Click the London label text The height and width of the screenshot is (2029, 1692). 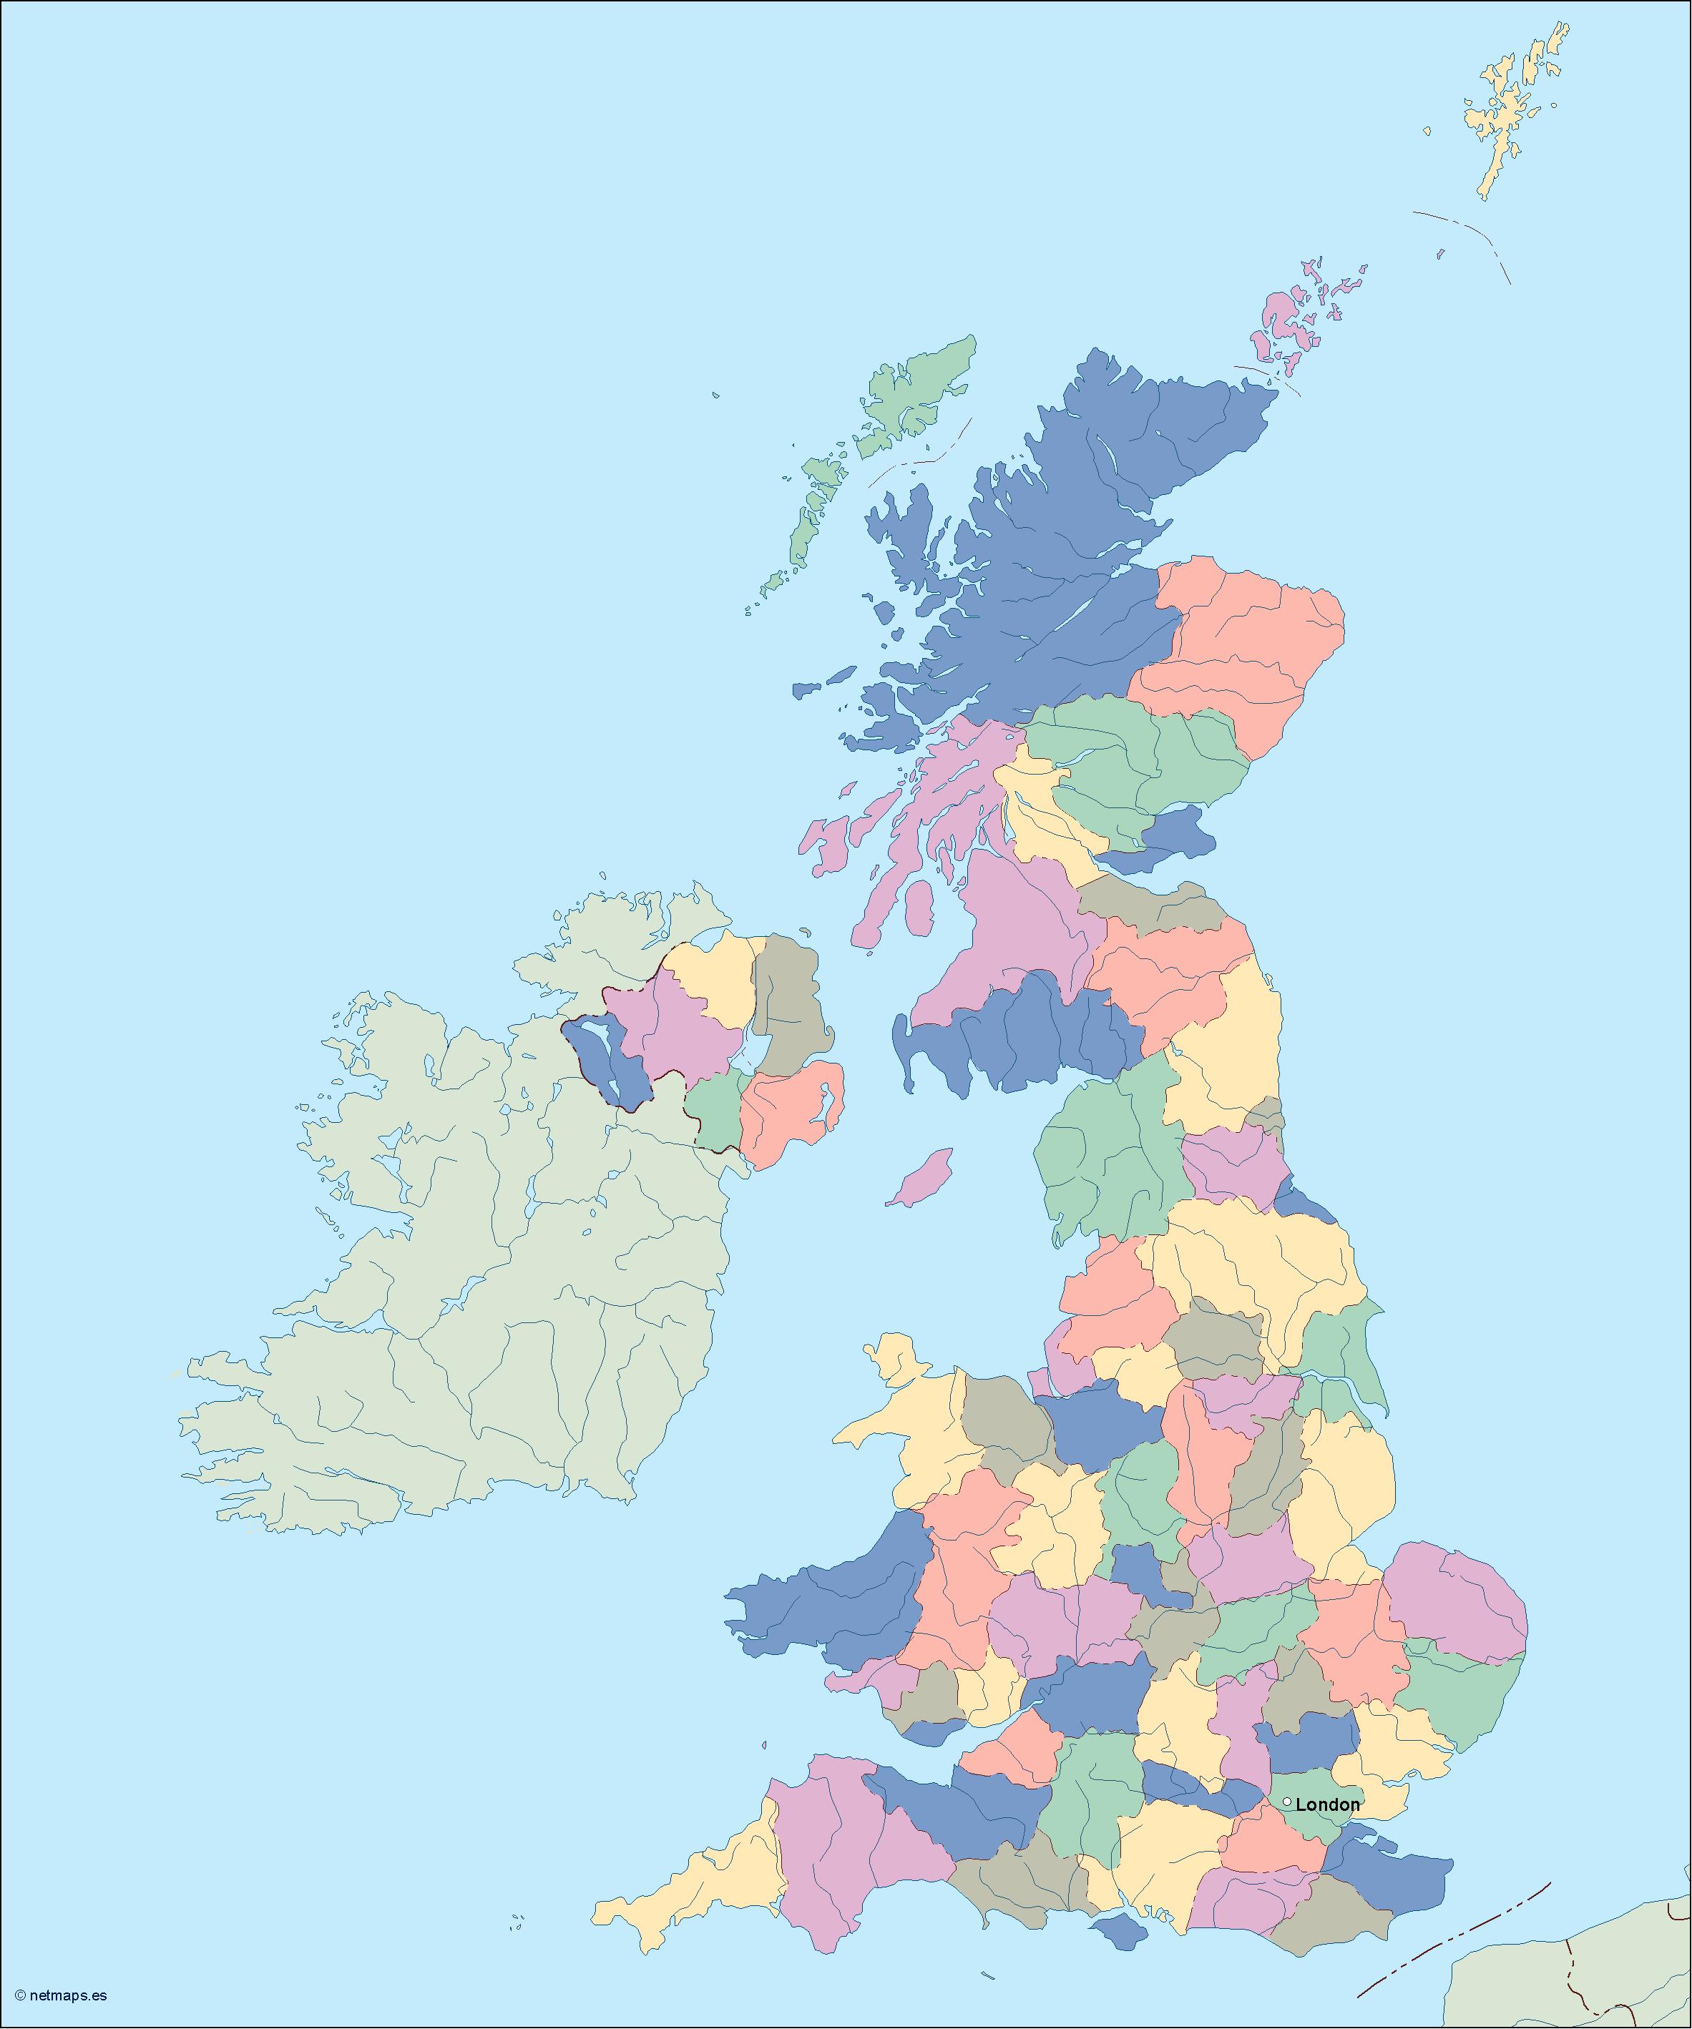(1328, 1804)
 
